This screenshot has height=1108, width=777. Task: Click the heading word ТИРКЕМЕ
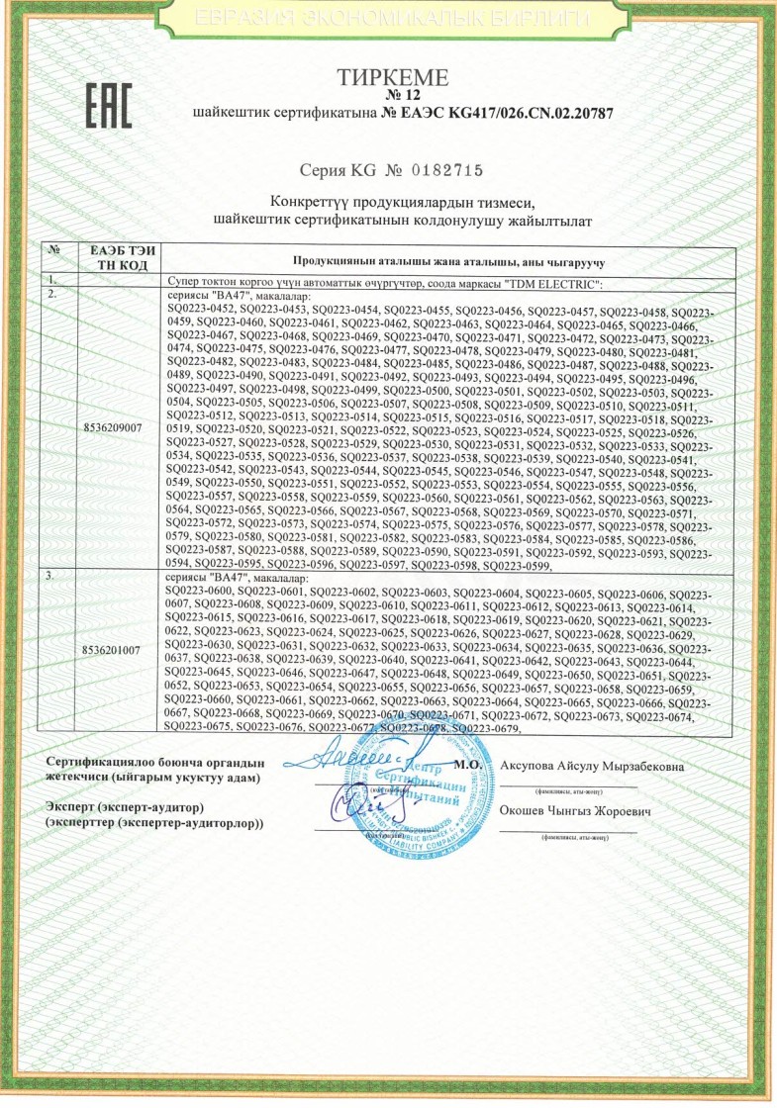(x=393, y=78)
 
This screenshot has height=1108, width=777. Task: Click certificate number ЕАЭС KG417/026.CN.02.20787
(x=498, y=114)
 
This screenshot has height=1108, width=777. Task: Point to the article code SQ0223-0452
(x=202, y=310)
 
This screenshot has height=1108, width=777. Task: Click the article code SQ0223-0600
(x=202, y=591)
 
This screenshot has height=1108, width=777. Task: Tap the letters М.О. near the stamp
(x=467, y=766)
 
